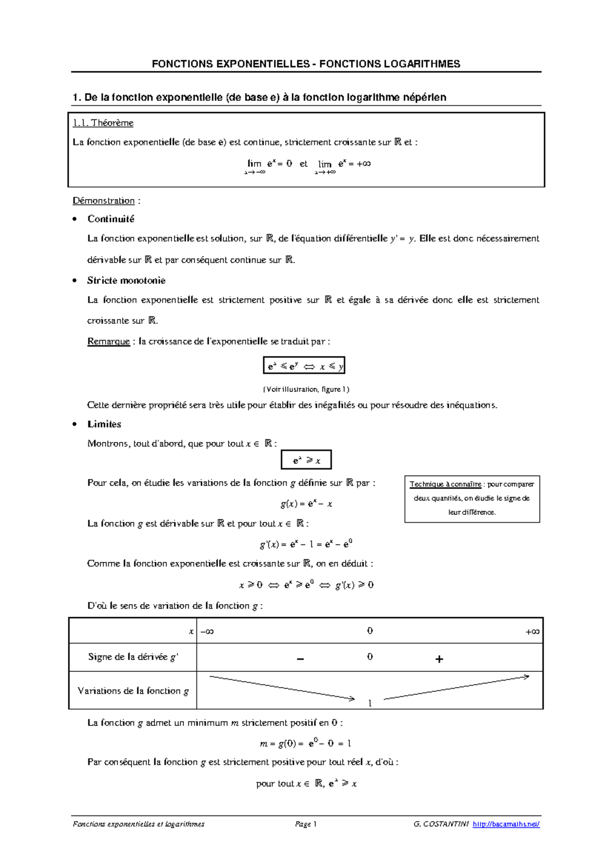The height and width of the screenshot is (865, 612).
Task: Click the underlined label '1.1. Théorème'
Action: pyautogui.click(x=103, y=123)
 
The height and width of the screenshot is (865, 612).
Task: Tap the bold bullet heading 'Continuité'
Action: pyautogui.click(x=111, y=219)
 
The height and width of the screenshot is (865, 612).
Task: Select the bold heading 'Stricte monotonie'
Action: pyautogui.click(x=126, y=280)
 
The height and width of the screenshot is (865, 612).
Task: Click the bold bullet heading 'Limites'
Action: pyautogui.click(x=104, y=424)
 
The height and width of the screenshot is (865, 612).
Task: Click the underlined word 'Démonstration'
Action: pyautogui.click(x=104, y=201)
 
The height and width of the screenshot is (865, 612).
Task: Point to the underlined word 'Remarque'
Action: pyautogui.click(x=109, y=342)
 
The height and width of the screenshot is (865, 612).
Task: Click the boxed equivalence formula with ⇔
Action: pyautogui.click(x=304, y=366)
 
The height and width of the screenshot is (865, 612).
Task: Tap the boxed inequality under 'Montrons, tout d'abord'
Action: pyautogui.click(x=306, y=460)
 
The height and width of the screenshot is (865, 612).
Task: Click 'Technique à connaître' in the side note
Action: pyautogui.click(x=445, y=484)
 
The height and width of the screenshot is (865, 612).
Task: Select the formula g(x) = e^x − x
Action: pyautogui.click(x=306, y=504)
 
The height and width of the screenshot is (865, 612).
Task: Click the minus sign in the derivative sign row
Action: pyautogui.click(x=300, y=659)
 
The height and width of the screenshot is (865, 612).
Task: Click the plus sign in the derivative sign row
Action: pyautogui.click(x=439, y=659)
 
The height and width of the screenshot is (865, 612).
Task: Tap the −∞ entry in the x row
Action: pyautogui.click(x=207, y=632)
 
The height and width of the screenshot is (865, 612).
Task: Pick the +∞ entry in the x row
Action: pyautogui.click(x=532, y=632)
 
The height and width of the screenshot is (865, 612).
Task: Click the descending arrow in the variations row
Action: pyautogui.click(x=282, y=688)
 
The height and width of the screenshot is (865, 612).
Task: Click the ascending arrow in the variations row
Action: pyautogui.click(x=456, y=688)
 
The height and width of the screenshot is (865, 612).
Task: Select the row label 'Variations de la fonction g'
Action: pyautogui.click(x=133, y=691)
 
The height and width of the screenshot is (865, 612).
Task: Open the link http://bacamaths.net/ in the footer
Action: pyautogui.click(x=506, y=824)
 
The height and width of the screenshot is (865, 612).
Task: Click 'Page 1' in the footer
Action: pyautogui.click(x=305, y=824)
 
